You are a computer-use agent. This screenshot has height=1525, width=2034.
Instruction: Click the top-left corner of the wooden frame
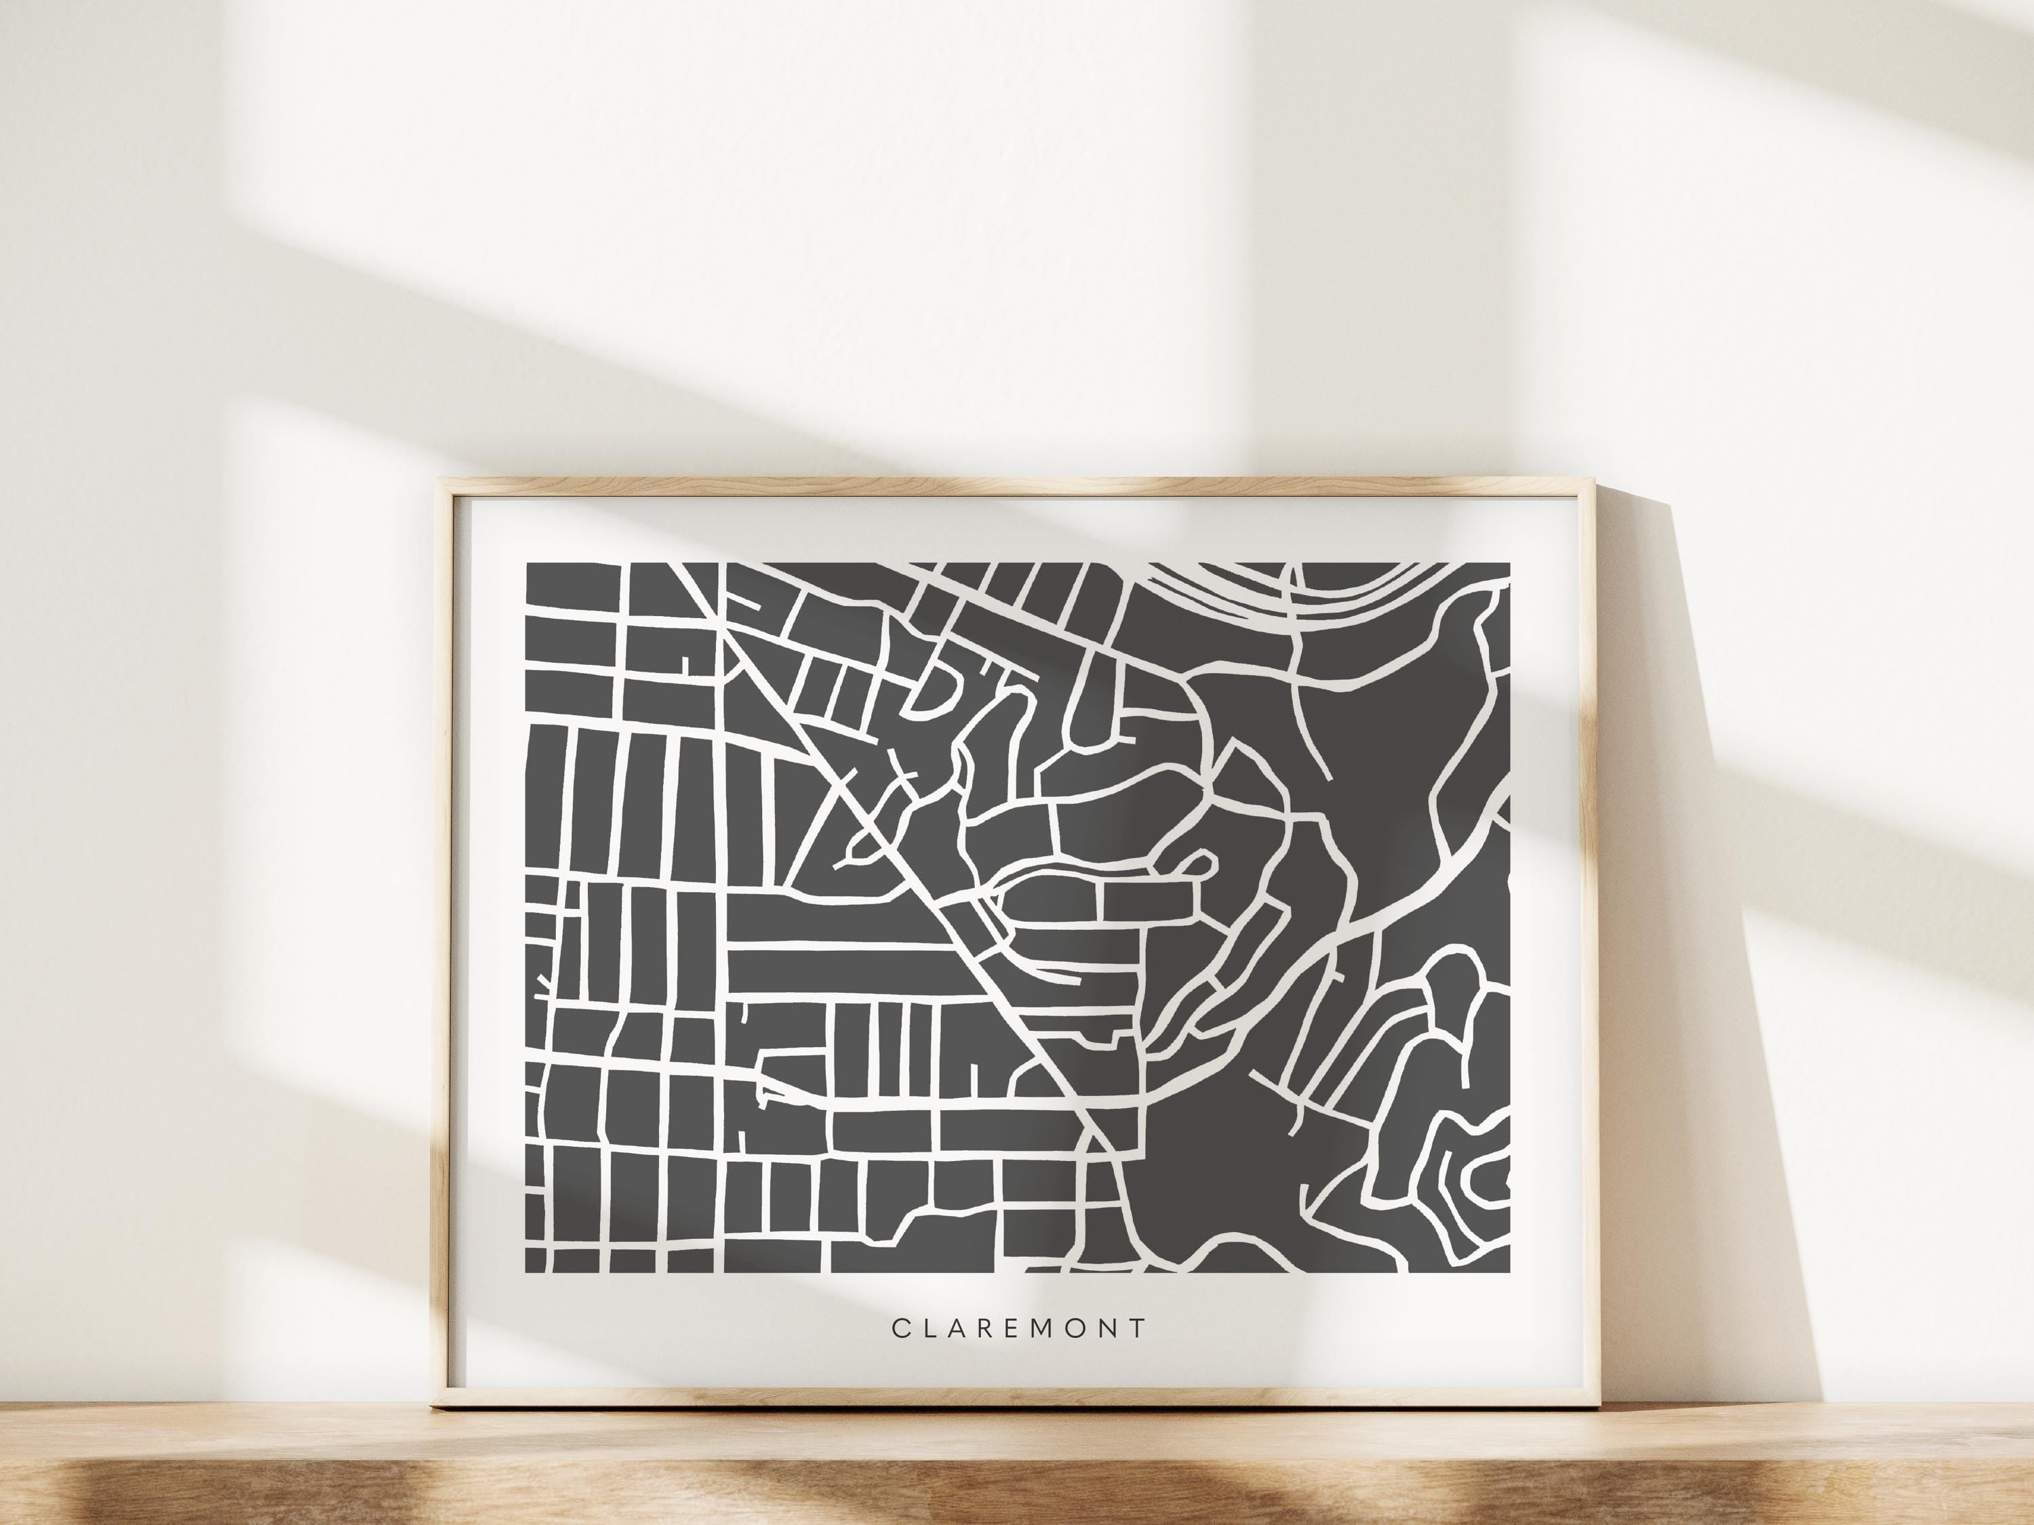[439, 480]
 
